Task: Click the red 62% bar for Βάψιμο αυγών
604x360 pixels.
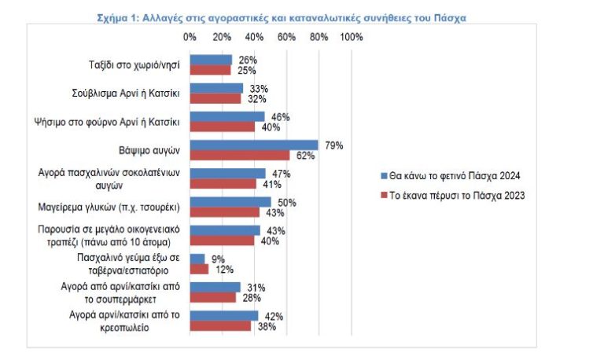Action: (x=240, y=156)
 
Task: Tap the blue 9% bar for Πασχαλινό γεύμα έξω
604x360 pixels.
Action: (x=197, y=259)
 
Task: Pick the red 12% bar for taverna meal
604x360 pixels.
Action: (x=199, y=269)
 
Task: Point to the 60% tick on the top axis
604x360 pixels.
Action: (x=287, y=37)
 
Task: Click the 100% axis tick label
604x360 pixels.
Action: (x=351, y=37)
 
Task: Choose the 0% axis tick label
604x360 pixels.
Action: (x=190, y=37)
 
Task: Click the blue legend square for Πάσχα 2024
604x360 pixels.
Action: (x=383, y=175)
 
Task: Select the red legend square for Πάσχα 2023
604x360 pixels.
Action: (x=383, y=196)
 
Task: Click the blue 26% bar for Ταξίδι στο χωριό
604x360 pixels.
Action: (x=211, y=60)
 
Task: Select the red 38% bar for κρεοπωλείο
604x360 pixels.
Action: (x=220, y=325)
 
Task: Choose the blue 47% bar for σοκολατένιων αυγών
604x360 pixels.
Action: (x=227, y=173)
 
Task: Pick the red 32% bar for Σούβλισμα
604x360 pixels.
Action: (x=215, y=98)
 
